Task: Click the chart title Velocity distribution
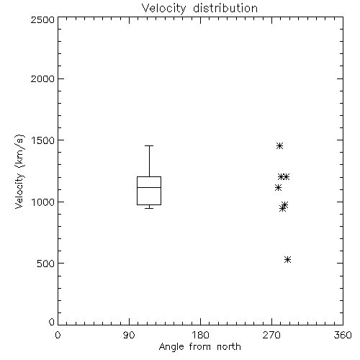(199, 9)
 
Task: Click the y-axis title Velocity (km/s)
(19, 171)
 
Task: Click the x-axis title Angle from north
(199, 347)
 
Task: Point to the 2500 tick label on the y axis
(42, 19)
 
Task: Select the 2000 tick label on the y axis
(42, 78)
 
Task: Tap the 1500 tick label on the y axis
(43, 140)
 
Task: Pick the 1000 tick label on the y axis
(43, 202)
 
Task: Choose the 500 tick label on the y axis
(46, 264)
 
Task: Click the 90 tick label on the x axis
(129, 335)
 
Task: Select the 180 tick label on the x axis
(200, 335)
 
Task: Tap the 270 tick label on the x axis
(271, 335)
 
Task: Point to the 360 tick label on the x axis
(343, 335)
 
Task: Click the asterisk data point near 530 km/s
(287, 259)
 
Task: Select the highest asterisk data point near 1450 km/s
(279, 145)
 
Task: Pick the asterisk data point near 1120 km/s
(278, 187)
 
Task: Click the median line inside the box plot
(149, 187)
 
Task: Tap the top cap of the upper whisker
(149, 145)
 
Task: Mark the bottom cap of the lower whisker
(149, 208)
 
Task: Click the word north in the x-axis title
(229, 347)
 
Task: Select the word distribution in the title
(225, 9)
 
